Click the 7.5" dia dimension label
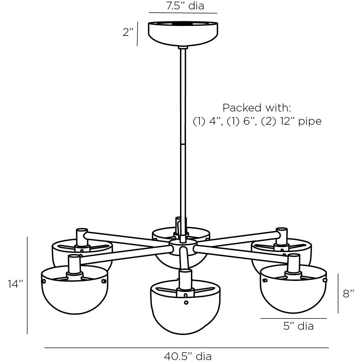185,6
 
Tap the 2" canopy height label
128,33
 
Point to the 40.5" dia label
188,356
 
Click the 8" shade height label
348,294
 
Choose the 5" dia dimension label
299,326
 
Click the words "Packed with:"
257,108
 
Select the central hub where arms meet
183,244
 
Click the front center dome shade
185,306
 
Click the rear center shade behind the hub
181,259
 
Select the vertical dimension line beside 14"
27,285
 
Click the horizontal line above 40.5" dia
187,348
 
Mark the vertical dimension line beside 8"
338,293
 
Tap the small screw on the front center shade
186,303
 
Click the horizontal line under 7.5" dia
183,13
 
